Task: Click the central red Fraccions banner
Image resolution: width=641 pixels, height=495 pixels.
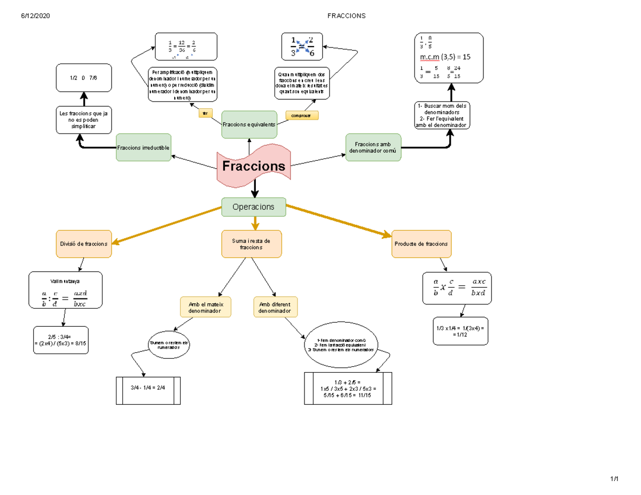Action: pyautogui.click(x=254, y=166)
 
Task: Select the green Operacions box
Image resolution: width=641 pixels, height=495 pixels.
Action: pyautogui.click(x=254, y=207)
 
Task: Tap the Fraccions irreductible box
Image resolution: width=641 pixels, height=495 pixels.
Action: pyautogui.click(x=144, y=147)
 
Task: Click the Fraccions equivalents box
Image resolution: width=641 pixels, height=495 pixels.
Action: pyautogui.click(x=249, y=124)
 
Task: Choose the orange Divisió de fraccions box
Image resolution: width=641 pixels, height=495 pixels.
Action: pyautogui.click(x=84, y=244)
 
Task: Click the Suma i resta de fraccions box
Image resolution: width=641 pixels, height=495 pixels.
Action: pyautogui.click(x=252, y=244)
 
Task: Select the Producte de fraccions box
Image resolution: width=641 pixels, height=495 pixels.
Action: pyautogui.click(x=421, y=244)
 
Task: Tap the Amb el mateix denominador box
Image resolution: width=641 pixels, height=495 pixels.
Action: pyautogui.click(x=206, y=307)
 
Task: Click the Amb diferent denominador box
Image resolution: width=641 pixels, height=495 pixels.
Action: pyautogui.click(x=275, y=307)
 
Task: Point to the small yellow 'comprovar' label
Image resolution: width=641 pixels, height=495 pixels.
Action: pyautogui.click(x=302, y=115)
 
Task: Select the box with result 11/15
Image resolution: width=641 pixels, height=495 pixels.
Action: pyautogui.click(x=348, y=388)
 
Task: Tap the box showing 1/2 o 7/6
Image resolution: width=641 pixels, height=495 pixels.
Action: pyautogui.click(x=83, y=78)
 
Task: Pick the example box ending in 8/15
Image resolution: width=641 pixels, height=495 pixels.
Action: pyautogui.click(x=60, y=340)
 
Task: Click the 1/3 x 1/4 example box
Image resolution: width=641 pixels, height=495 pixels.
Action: pyautogui.click(x=460, y=331)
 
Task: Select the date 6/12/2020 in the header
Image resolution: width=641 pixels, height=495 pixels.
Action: pyautogui.click(x=35, y=15)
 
